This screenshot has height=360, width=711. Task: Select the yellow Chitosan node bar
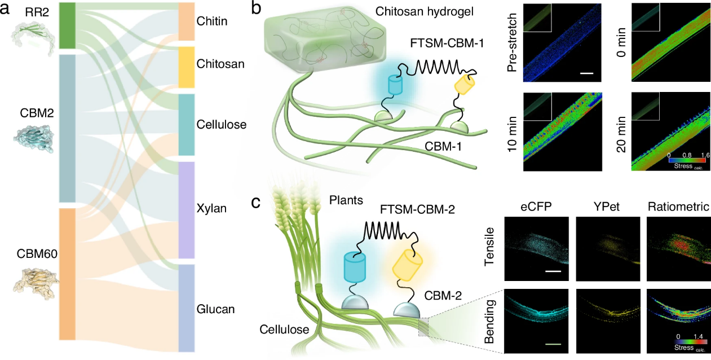click(187, 67)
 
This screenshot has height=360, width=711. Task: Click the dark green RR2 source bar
click(67, 25)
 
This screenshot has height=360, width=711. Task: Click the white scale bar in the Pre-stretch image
click(586, 73)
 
